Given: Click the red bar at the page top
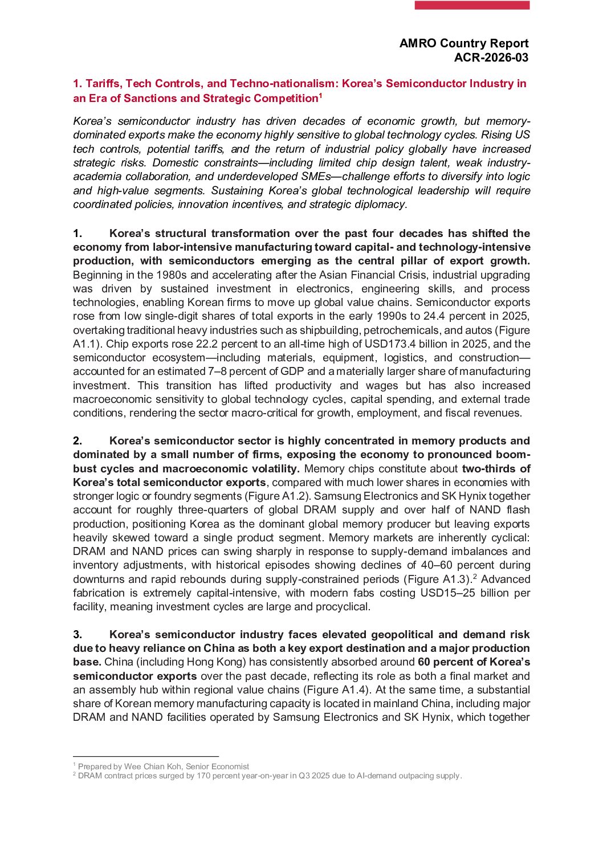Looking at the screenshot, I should point(472,5).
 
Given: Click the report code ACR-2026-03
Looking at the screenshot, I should point(491,58).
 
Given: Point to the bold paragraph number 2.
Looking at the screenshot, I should point(78,441).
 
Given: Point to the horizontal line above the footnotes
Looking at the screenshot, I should point(146,757).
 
